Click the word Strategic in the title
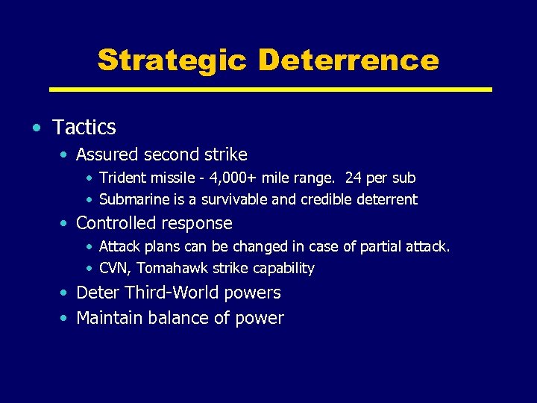tap(172, 60)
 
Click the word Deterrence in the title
tap(349, 60)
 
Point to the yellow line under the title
tap(270, 90)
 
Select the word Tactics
tap(84, 128)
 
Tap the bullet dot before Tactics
tap(37, 128)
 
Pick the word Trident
tap(122, 178)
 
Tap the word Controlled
tap(114, 223)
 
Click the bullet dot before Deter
tap(66, 293)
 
